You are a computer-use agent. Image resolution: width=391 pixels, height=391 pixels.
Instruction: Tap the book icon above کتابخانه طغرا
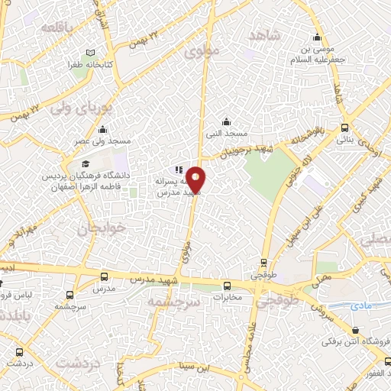coord(91,53)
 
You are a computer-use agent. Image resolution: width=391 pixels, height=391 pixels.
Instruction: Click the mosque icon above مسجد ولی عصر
coord(102,129)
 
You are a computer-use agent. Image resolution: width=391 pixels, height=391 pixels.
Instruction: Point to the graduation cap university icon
coord(86,163)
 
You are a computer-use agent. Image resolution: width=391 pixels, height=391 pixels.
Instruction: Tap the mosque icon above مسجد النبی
coord(226,121)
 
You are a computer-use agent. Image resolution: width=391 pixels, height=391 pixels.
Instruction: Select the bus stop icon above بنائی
coord(345,128)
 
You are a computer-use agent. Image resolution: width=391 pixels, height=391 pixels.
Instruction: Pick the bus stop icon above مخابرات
coord(226,286)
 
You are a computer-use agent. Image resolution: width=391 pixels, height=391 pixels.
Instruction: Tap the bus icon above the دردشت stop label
coord(19,352)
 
